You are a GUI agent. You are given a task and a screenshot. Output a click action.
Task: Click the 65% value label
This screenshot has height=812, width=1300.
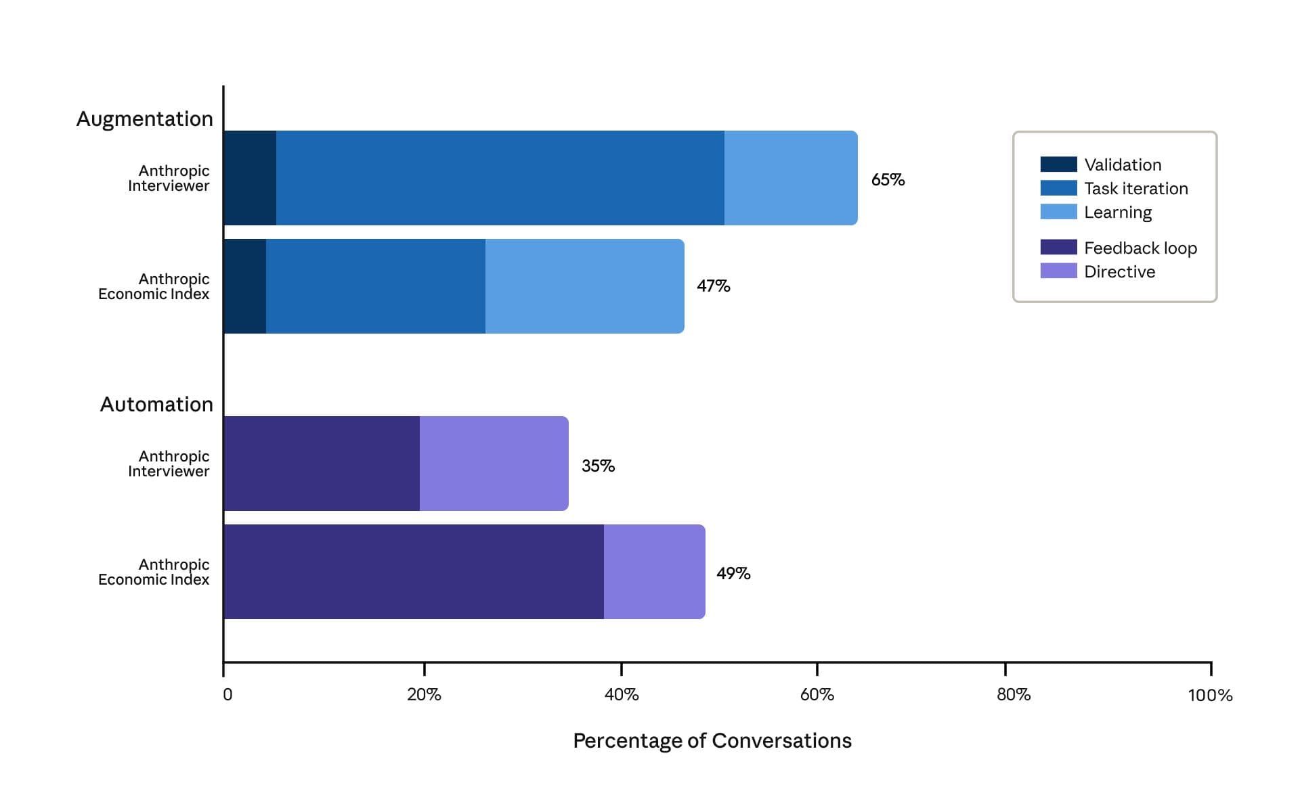tap(888, 179)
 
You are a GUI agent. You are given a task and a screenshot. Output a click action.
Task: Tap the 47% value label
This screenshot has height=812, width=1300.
tap(714, 286)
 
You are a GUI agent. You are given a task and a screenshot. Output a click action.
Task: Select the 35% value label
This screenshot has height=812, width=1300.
tap(598, 466)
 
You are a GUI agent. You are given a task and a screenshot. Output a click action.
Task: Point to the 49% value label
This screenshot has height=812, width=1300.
tap(733, 573)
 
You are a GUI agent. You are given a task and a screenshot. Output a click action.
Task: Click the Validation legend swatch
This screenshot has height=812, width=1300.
tap(1058, 164)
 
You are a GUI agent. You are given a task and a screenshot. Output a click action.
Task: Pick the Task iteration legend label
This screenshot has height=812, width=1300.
tap(1136, 188)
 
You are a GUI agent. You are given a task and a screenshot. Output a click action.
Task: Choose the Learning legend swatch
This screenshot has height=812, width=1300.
tap(1058, 212)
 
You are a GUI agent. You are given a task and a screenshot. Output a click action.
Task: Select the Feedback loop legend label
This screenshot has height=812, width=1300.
tap(1141, 248)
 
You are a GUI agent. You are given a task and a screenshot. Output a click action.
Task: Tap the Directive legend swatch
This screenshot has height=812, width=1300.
tap(1058, 271)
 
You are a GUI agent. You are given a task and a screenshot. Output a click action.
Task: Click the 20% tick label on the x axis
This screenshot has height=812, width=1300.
tap(424, 695)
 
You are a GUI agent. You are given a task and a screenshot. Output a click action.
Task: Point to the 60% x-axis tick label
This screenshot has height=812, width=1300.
tap(817, 695)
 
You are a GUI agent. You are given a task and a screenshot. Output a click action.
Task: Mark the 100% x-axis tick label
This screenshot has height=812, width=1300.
tap(1210, 695)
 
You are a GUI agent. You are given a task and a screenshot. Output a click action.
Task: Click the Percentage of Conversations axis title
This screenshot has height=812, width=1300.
tap(712, 741)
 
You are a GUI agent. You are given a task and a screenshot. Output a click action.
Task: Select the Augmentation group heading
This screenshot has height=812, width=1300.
tap(144, 119)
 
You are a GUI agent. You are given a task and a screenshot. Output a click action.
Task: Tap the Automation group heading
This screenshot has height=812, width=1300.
tap(156, 404)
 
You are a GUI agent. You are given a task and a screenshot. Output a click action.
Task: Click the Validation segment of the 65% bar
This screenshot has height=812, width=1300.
tap(250, 178)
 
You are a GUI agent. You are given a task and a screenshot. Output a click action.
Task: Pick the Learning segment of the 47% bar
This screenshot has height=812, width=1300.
tap(585, 286)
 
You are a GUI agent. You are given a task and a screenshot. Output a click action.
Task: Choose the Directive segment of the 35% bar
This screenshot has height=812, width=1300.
tap(494, 464)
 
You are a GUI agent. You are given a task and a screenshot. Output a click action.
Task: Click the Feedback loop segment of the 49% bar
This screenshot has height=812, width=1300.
tap(414, 572)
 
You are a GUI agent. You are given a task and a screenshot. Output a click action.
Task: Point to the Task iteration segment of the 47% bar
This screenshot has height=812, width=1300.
tap(376, 286)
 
